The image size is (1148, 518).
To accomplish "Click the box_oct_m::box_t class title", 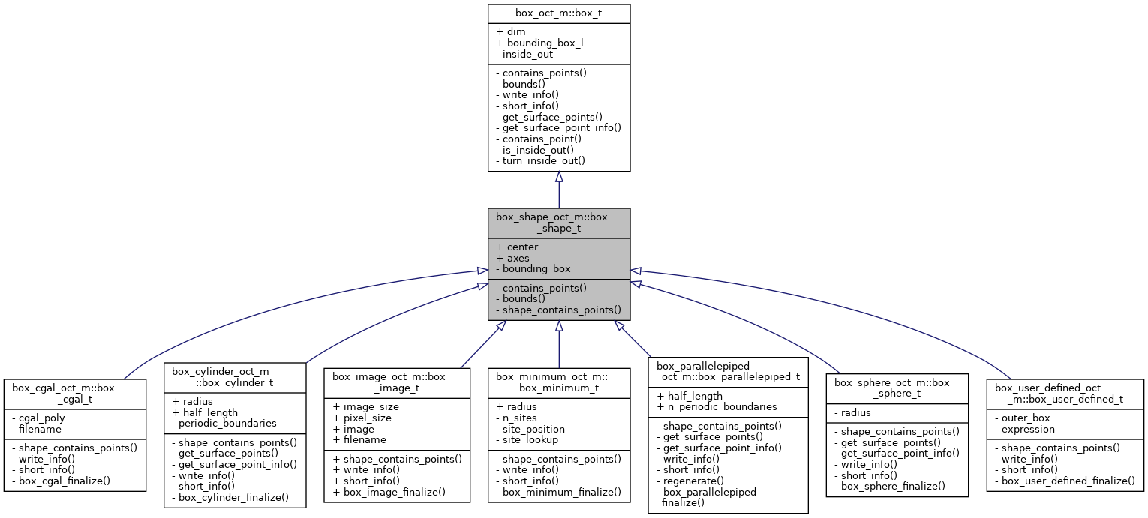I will click(x=558, y=13).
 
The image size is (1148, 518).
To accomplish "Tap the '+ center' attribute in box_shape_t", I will click(x=517, y=247).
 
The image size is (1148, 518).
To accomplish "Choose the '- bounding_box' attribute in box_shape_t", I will click(x=533, y=268).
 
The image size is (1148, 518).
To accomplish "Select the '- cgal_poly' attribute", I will click(x=38, y=418).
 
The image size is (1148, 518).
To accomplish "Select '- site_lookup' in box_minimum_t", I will click(x=527, y=439).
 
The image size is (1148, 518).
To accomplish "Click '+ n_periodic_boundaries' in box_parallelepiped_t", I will click(x=717, y=407).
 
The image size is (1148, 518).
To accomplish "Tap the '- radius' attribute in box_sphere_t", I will click(x=853, y=412).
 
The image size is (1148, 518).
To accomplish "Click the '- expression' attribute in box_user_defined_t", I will click(x=1025, y=430).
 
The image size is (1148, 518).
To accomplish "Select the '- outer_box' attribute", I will click(x=1023, y=418).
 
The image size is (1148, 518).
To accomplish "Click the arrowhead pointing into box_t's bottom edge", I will click(x=559, y=178).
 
